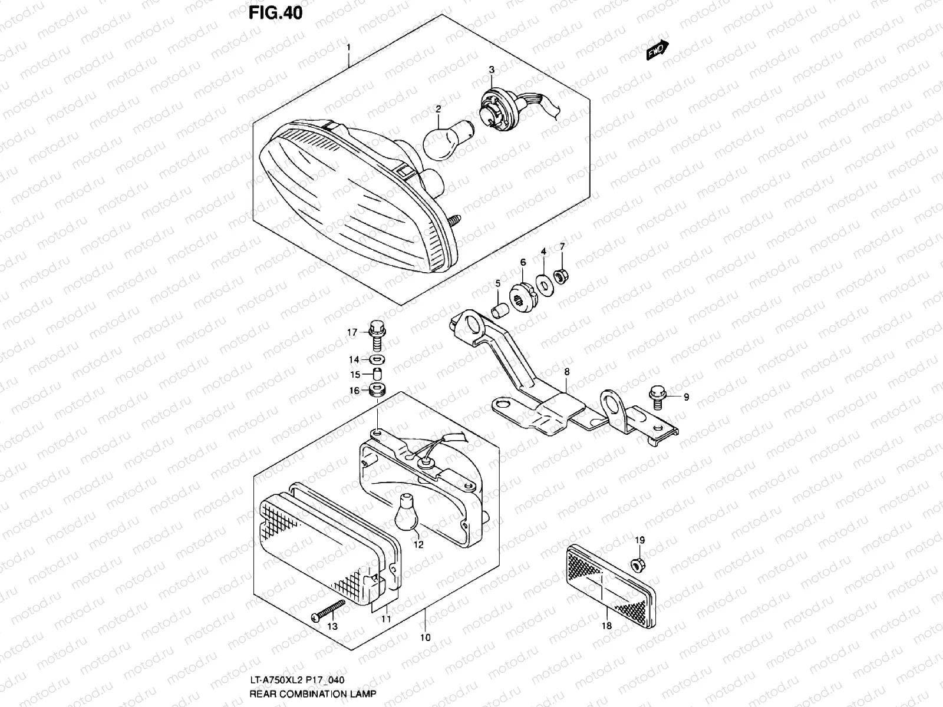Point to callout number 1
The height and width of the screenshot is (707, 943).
348,47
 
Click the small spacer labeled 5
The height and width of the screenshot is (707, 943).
499,309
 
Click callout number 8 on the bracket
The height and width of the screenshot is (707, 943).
566,372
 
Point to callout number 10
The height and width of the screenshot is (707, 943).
426,637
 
